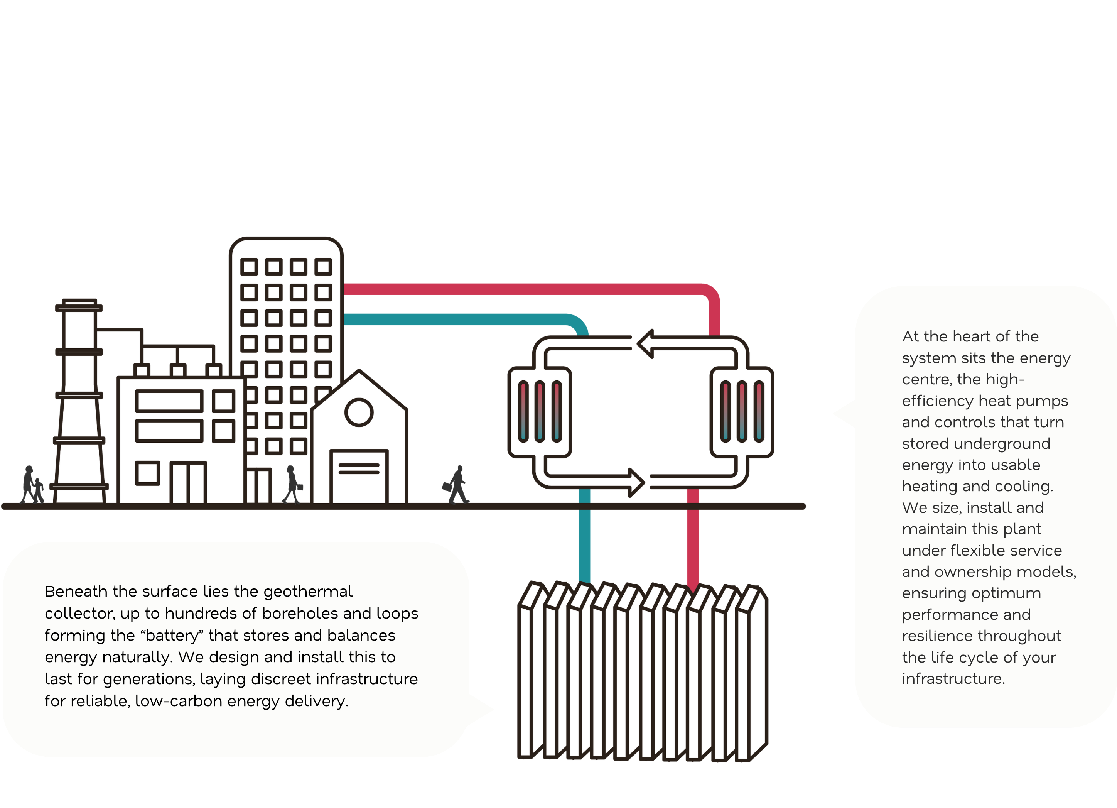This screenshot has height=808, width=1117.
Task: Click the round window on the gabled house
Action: pyautogui.click(x=359, y=412)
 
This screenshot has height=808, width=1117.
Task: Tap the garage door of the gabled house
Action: pyautogui.click(x=359, y=477)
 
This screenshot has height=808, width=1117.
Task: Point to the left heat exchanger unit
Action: pyautogui.click(x=540, y=412)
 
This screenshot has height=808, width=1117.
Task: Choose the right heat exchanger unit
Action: pyautogui.click(x=742, y=412)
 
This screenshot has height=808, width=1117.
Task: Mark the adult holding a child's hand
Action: pyautogui.click(x=28, y=484)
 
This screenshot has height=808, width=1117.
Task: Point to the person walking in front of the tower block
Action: pyautogui.click(x=292, y=484)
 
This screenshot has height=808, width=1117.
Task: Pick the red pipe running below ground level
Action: pyautogui.click(x=692, y=542)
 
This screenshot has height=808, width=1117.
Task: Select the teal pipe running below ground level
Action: pyautogui.click(x=584, y=542)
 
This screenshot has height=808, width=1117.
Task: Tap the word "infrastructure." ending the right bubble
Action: pyautogui.click(x=953, y=679)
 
